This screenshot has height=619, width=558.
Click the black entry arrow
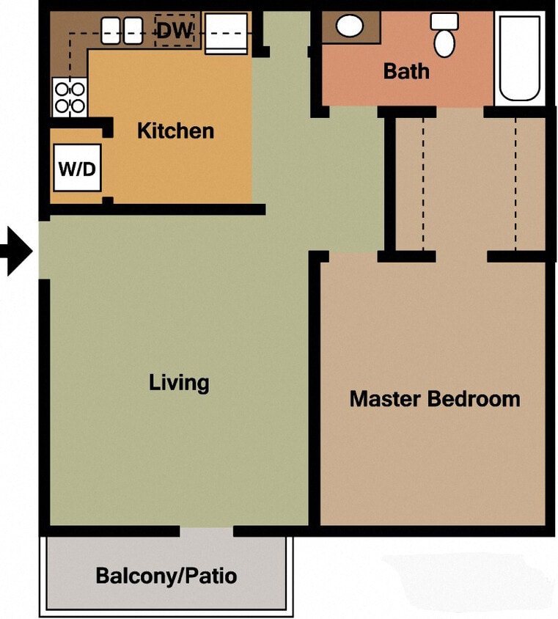[16, 252]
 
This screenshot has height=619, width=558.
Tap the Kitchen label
[175, 131]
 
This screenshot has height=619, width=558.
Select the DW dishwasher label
[175, 31]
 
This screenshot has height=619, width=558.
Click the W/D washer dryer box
[77, 168]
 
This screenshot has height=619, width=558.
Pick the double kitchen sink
[122, 30]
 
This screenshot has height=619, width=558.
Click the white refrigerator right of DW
[226, 33]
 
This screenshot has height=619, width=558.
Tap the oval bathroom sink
[350, 27]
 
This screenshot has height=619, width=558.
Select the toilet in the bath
[444, 35]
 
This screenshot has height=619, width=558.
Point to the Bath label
[406, 72]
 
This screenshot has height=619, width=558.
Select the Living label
[179, 383]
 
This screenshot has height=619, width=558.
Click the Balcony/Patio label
[166, 576]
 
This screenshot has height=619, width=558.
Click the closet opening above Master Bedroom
[461, 256]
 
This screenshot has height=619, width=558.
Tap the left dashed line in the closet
[422, 183]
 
